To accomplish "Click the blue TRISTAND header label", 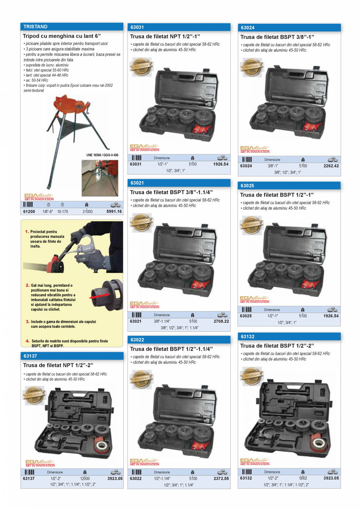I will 36,27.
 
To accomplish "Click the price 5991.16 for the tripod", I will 114,212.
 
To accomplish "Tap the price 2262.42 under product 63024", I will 331,166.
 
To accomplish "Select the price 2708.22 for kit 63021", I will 221,321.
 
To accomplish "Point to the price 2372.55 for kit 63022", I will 221,478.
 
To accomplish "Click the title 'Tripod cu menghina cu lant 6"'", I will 65,36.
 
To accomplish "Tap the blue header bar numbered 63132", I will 289,336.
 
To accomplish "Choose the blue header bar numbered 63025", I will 289,185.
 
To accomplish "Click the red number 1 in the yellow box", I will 27,232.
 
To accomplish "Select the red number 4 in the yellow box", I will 28,341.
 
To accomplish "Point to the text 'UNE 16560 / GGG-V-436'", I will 102,155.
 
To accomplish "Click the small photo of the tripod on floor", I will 99,178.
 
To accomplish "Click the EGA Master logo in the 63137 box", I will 40,463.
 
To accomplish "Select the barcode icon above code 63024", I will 247,160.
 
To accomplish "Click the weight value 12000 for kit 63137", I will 85,478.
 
